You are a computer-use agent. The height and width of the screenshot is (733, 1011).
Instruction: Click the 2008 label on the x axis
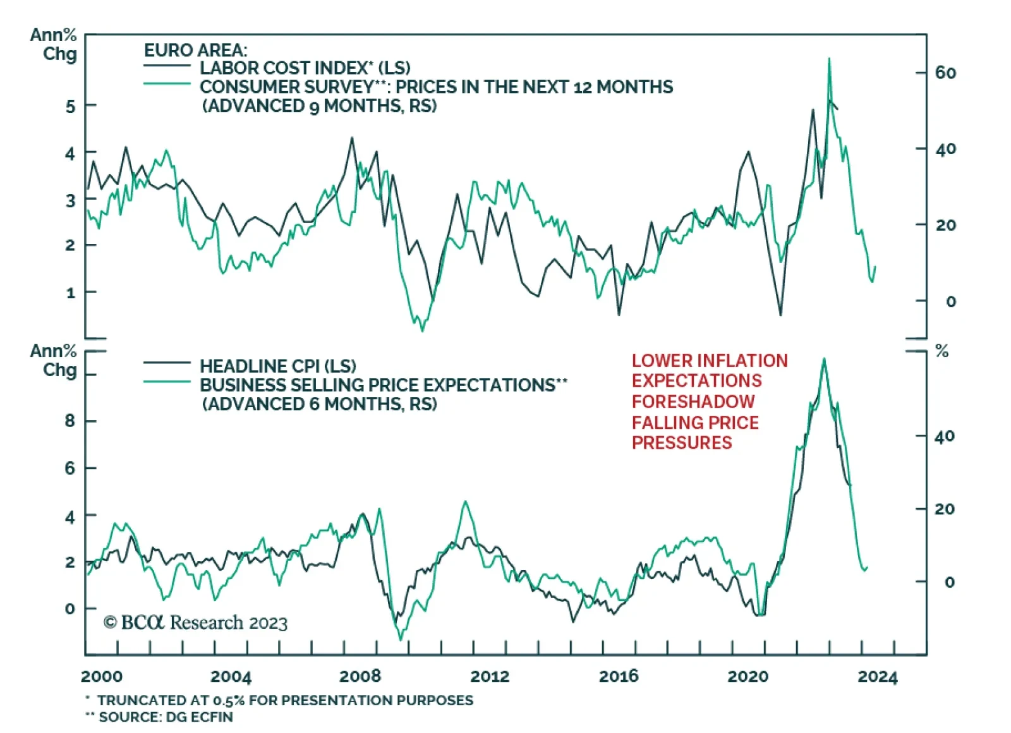(x=360, y=676)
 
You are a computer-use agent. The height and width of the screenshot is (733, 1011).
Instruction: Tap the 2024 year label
(x=877, y=677)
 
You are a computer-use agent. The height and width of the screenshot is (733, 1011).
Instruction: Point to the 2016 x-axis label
(x=619, y=676)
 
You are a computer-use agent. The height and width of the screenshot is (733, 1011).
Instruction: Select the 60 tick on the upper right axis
(x=945, y=73)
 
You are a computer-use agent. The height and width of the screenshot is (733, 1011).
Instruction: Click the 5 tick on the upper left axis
(x=70, y=106)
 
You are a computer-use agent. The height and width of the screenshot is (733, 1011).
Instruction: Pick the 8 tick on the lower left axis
(x=70, y=421)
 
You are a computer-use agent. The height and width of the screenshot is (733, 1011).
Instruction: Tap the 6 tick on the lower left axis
(x=70, y=468)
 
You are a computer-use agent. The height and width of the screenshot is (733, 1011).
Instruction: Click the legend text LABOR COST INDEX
(x=305, y=68)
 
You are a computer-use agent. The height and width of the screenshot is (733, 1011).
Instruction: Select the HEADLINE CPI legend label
(x=277, y=366)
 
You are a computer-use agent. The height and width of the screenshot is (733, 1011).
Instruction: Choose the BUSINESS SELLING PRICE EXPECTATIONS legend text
(x=383, y=385)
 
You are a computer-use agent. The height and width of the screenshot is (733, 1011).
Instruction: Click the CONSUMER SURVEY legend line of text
(x=436, y=87)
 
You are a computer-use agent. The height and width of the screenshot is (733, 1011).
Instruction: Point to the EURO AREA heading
(x=195, y=50)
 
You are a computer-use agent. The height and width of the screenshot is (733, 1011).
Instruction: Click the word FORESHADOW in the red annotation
(x=693, y=401)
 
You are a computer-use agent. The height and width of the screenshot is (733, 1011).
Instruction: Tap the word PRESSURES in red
(x=682, y=442)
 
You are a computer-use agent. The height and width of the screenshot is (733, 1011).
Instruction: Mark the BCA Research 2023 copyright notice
(x=195, y=622)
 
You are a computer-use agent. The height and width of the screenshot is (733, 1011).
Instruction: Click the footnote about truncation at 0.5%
(x=284, y=700)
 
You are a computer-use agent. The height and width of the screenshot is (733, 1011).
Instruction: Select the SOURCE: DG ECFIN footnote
(x=166, y=717)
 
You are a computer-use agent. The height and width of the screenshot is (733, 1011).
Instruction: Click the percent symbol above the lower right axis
(x=941, y=351)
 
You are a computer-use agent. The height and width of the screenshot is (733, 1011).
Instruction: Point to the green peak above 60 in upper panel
(x=829, y=59)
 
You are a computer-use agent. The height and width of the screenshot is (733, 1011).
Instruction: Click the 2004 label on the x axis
(x=231, y=676)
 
